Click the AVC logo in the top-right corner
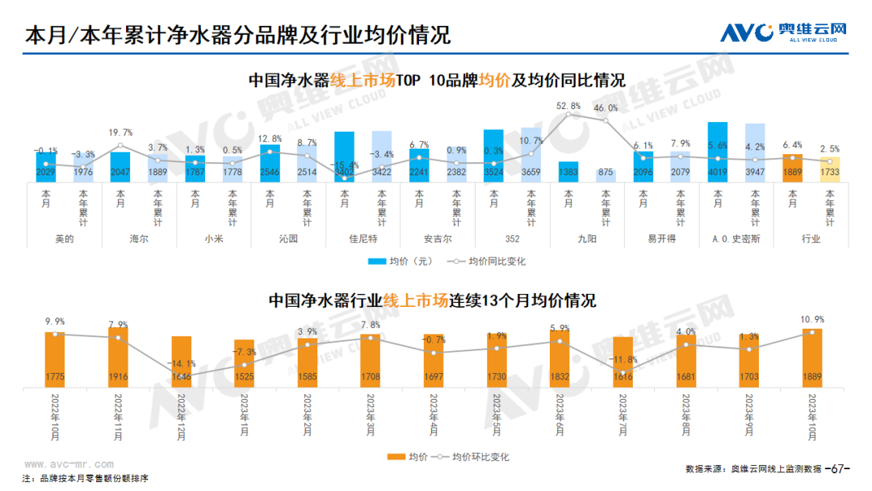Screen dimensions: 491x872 click(x=782, y=31)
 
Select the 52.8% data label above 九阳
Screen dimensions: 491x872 click(x=568, y=106)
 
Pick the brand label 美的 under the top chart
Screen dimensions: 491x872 click(x=65, y=239)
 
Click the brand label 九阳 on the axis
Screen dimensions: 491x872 click(x=587, y=239)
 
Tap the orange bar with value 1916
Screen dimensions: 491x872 click(x=118, y=355)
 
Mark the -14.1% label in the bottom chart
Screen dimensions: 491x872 click(x=181, y=363)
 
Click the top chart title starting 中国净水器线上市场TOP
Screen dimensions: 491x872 click(x=436, y=80)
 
